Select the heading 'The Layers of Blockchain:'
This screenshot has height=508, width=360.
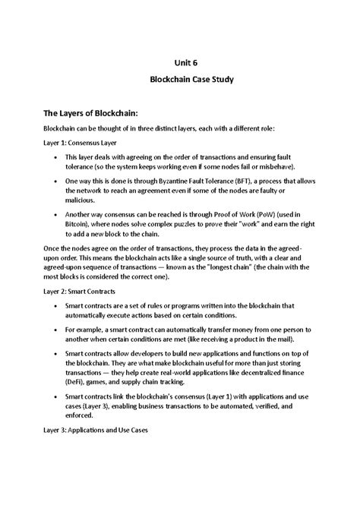(x=94, y=112)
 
